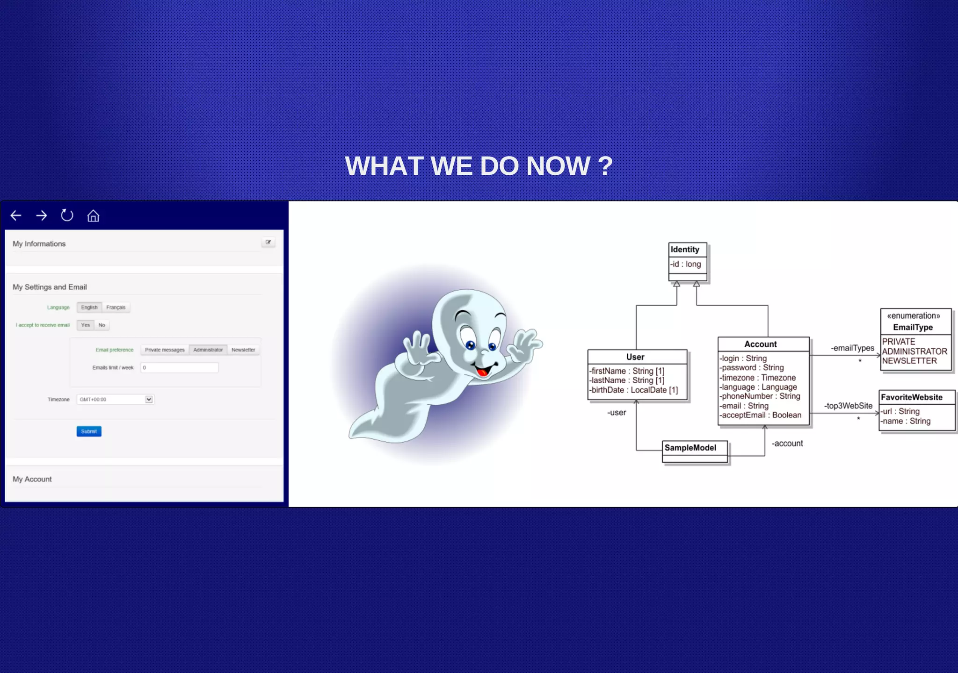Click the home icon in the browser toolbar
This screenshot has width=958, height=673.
93,216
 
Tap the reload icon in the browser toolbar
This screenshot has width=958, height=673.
67,215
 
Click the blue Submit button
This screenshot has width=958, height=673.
89,431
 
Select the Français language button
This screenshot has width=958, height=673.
116,308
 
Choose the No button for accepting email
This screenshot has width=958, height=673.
102,325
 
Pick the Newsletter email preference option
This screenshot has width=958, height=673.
243,350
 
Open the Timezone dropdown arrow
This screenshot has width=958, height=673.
149,400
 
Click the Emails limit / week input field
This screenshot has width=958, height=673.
179,368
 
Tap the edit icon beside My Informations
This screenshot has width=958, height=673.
268,242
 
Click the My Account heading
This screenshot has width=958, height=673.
32,479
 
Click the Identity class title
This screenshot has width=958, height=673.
685,250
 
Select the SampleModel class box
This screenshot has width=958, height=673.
695,451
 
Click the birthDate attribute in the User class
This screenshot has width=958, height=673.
633,390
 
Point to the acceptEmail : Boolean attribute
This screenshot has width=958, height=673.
761,415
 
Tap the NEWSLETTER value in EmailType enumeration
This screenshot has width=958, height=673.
909,361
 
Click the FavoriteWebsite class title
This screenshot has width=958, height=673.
912,397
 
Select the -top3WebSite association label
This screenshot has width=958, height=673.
848,406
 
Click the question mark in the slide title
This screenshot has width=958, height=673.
605,166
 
